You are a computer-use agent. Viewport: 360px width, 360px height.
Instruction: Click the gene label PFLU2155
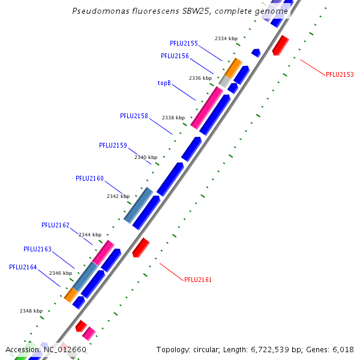[x=184, y=43]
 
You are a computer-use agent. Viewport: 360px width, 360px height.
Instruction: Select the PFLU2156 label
[x=175, y=56]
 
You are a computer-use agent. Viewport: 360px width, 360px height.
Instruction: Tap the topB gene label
[x=164, y=83]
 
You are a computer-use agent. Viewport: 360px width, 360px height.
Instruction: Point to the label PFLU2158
[x=134, y=116]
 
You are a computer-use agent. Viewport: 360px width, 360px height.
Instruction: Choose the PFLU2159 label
[x=113, y=145]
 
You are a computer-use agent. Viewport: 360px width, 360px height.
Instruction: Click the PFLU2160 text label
[x=89, y=178]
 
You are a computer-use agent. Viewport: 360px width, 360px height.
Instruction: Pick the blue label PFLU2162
[x=55, y=225]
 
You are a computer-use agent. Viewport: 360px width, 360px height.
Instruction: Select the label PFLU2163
[x=37, y=249]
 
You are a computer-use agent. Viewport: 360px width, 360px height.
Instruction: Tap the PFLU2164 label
[x=23, y=267]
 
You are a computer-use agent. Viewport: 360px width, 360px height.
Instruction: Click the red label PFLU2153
[x=340, y=75]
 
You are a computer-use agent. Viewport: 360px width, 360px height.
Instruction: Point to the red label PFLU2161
[x=198, y=280]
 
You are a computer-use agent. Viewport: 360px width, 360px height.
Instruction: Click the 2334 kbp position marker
[x=226, y=38]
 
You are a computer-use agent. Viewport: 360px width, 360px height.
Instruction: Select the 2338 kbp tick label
[x=173, y=118]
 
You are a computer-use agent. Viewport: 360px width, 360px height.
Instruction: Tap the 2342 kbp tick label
[x=118, y=196]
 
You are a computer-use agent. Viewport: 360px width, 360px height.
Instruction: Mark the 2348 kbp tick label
[x=31, y=311]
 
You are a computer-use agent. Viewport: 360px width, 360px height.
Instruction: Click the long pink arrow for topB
[x=206, y=108]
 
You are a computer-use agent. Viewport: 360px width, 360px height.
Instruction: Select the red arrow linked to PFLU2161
[x=140, y=247]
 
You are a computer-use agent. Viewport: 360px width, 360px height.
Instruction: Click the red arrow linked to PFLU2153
[x=280, y=45]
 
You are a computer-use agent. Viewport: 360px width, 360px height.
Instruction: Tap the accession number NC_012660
[x=64, y=349]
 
